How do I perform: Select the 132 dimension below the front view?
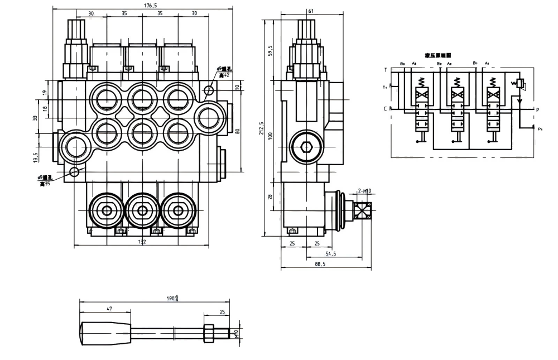pyautogui.click(x=142, y=242)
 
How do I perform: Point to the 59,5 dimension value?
pyautogui.click(x=271, y=50)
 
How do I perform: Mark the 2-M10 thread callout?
pyautogui.click(x=364, y=191)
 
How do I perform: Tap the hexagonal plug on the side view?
pyautogui.click(x=306, y=147)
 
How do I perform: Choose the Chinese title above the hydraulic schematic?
pyautogui.click(x=437, y=55)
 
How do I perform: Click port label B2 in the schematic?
pyautogui.click(x=440, y=64)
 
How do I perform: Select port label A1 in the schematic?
pyautogui.click(x=487, y=64)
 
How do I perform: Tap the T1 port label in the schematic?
pyautogui.click(x=384, y=87)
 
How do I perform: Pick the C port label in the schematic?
pyautogui.click(x=385, y=108)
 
